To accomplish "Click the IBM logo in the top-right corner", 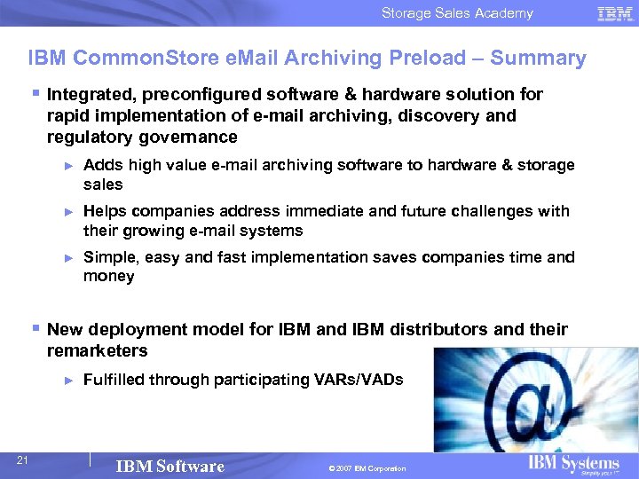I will pyautogui.click(x=615, y=13).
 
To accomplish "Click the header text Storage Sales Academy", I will pyautogui.click(x=457, y=13).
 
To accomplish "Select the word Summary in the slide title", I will pyautogui.click(x=538, y=59).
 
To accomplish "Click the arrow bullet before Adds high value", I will pyautogui.click(x=69, y=166).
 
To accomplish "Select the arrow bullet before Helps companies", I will pyautogui.click(x=69, y=212).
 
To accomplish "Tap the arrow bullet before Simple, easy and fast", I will pyautogui.click(x=69, y=258).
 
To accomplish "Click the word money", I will pyautogui.click(x=108, y=276).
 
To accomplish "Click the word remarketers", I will pyautogui.click(x=97, y=350).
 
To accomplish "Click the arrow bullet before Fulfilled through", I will pyautogui.click(x=69, y=381).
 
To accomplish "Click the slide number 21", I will pyautogui.click(x=24, y=459).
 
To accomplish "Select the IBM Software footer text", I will pyautogui.click(x=170, y=467).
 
